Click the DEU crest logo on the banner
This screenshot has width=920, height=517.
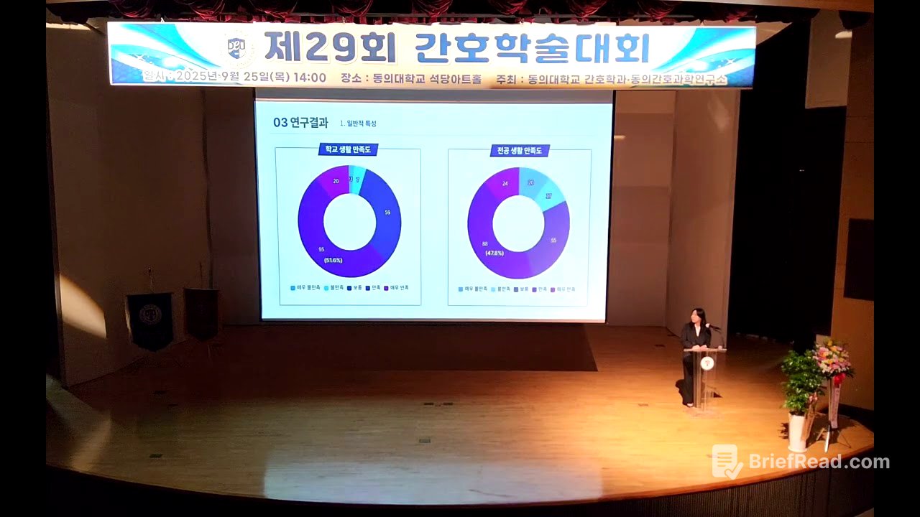click(x=236, y=49)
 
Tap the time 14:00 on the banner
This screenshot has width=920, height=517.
click(x=310, y=78)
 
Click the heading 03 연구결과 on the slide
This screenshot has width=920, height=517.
click(x=300, y=123)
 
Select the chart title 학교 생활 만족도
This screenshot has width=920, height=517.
click(x=349, y=149)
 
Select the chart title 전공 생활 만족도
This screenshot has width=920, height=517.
click(x=520, y=151)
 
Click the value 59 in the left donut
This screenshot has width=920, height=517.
click(x=387, y=213)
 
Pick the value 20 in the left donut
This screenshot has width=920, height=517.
click(x=336, y=181)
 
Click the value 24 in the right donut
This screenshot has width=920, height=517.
click(x=505, y=184)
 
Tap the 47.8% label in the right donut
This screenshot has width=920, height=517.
click(x=494, y=253)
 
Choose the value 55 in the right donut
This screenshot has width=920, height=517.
click(x=553, y=241)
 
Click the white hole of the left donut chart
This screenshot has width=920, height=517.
click(x=349, y=222)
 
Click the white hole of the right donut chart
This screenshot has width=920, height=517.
click(x=518, y=223)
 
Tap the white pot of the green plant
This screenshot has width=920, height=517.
click(x=797, y=431)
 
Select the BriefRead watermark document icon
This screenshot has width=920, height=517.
click(x=727, y=461)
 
